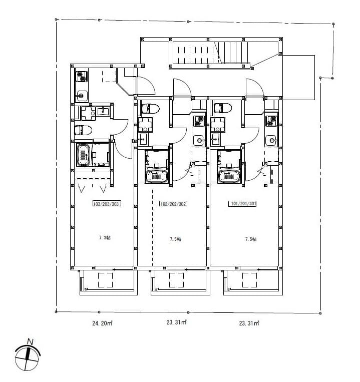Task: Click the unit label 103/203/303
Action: (106, 204)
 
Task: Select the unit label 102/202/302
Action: (173, 204)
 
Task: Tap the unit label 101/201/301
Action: (243, 204)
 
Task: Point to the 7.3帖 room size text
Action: (105, 237)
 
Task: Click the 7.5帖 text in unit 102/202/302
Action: (175, 239)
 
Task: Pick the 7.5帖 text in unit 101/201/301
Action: (251, 239)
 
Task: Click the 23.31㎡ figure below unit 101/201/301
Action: (249, 323)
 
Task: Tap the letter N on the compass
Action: (30, 342)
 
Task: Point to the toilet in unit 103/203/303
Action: (83, 131)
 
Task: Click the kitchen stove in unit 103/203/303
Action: (82, 77)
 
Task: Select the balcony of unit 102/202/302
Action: (179, 280)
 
